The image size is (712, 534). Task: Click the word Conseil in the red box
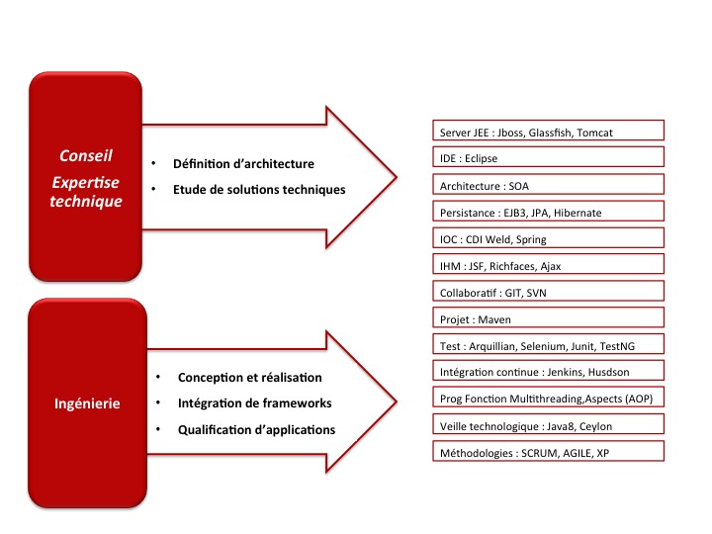pyautogui.click(x=86, y=156)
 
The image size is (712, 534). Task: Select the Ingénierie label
pyautogui.click(x=87, y=403)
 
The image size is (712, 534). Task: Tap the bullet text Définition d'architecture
pyautogui.click(x=243, y=164)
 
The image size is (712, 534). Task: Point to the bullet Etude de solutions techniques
pyautogui.click(x=259, y=190)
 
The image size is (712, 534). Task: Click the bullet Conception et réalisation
pyautogui.click(x=250, y=378)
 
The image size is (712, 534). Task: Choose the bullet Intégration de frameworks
pyautogui.click(x=255, y=403)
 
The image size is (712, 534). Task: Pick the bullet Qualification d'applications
pyautogui.click(x=256, y=429)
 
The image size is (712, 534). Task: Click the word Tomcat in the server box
pyautogui.click(x=595, y=133)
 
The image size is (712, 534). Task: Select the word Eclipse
pyautogui.click(x=481, y=158)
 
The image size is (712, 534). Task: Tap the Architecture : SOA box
pyautogui.click(x=548, y=184)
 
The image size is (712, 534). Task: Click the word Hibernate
pyautogui.click(x=578, y=213)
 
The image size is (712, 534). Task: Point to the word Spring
pyautogui.click(x=531, y=239)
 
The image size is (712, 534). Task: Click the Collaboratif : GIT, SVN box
pyautogui.click(x=548, y=291)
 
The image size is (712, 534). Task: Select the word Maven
pyautogui.click(x=494, y=319)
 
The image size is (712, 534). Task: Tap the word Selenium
pyautogui.click(x=543, y=346)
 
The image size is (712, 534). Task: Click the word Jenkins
pyautogui.click(x=565, y=373)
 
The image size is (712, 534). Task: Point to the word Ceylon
pyautogui.click(x=595, y=426)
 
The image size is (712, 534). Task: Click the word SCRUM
pyautogui.click(x=540, y=453)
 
